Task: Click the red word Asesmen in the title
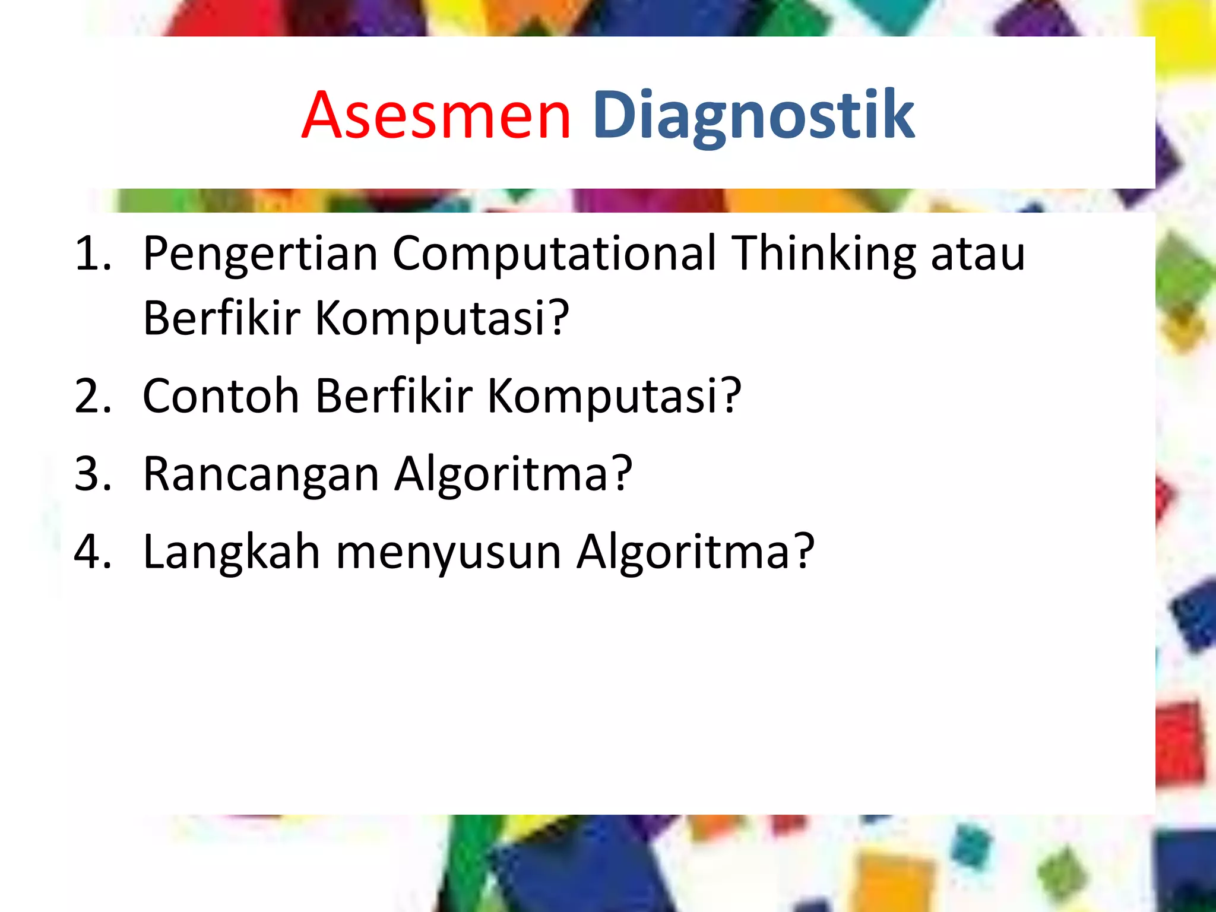click(x=436, y=115)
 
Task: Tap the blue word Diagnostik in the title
click(x=753, y=115)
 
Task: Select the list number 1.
click(x=92, y=254)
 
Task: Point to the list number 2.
click(x=92, y=396)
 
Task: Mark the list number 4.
click(x=92, y=552)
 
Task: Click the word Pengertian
click(x=260, y=254)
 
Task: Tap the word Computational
click(x=553, y=254)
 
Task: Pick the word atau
click(x=978, y=254)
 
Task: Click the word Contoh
click(x=221, y=396)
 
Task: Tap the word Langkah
click(x=232, y=552)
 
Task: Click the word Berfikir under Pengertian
click(x=221, y=318)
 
